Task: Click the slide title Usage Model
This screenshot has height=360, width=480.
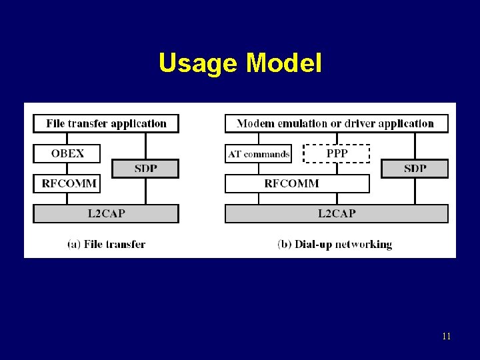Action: pos(240,63)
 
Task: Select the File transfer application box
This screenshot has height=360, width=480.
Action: pos(106,123)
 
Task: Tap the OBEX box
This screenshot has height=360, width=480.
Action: pos(67,153)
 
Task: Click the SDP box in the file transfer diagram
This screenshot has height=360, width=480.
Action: pos(145,169)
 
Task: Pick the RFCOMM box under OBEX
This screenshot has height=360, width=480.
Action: pos(67,183)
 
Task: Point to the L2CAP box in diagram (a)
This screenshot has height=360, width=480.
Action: pos(106,213)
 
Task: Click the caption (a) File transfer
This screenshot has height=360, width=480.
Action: pos(106,244)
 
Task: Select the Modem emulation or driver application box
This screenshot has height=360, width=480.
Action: pos(336,123)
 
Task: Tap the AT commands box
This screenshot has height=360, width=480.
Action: pos(259,154)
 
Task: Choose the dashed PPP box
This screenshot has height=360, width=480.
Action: pos(337,153)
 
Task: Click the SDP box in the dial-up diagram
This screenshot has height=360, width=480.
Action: pos(415,169)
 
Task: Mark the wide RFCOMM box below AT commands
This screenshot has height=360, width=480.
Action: pos(297,183)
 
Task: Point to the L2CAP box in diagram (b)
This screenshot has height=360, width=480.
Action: pos(336,213)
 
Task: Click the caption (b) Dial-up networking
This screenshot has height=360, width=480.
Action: pos(335,244)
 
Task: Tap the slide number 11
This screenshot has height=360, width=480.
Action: pos(446,337)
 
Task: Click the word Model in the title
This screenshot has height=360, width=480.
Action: pos(284,63)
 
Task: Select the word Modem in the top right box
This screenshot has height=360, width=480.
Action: pos(254,123)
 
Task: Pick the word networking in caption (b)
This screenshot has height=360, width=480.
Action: pos(364,244)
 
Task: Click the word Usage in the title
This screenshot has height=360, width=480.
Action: pos(199,63)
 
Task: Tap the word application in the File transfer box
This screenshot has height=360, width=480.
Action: pos(139,123)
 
